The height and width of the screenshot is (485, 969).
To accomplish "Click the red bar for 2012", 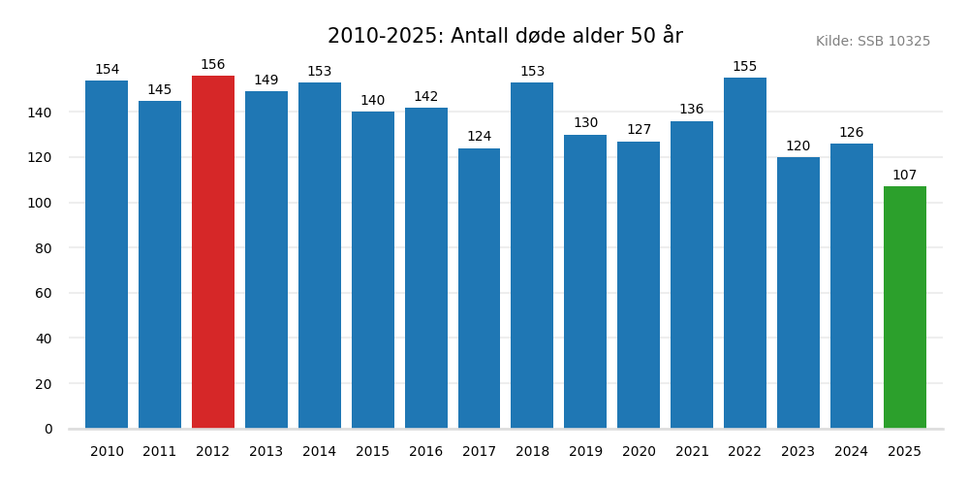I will tap(213, 252).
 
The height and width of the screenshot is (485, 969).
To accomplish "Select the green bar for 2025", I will tap(904, 307).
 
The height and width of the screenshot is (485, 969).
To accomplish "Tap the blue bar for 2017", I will tap(479, 288).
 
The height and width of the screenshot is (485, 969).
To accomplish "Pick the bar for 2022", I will tap(744, 253).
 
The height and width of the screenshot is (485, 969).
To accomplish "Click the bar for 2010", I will tap(107, 254).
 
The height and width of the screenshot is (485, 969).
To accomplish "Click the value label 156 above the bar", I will tap(213, 65).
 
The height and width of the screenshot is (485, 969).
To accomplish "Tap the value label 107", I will tap(904, 176).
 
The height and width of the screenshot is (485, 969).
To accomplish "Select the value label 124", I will tap(479, 137).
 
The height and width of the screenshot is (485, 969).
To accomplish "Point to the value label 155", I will tap(744, 67).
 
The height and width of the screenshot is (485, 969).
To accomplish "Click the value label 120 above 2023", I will tap(797, 146).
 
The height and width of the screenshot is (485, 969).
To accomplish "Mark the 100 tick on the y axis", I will tap(40, 203).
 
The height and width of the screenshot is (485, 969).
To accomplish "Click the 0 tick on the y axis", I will tap(48, 429).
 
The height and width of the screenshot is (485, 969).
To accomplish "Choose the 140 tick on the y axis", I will tap(40, 113).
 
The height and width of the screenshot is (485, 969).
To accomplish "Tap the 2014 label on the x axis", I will tap(319, 451).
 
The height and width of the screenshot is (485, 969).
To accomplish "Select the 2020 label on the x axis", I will tap(639, 451).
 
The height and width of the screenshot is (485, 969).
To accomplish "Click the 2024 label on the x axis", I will tap(851, 451).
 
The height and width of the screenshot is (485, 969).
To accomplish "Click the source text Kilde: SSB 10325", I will tap(872, 42).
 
